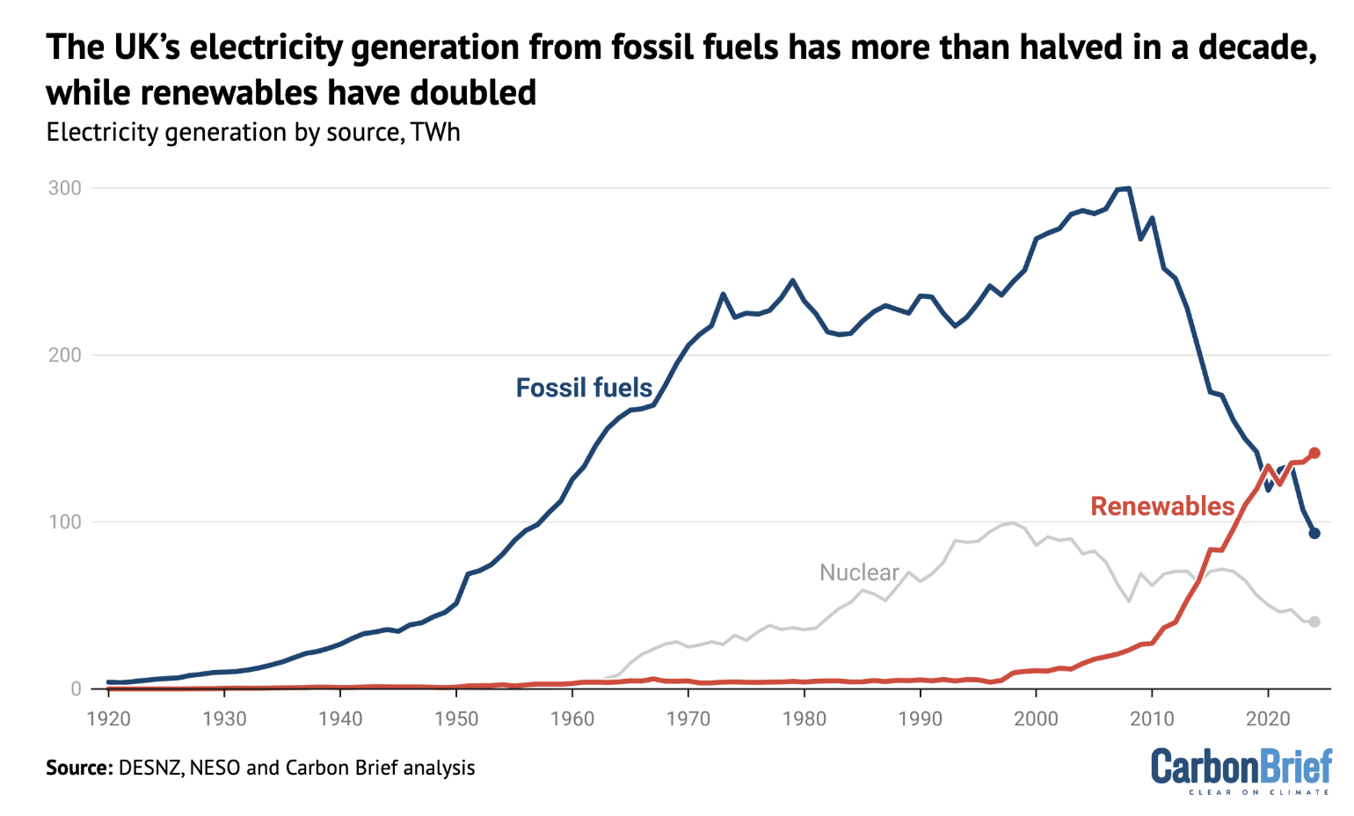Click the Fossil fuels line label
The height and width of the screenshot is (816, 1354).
[x=584, y=388]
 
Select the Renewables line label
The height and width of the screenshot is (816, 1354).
[x=1162, y=506]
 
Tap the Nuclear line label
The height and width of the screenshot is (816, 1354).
[x=859, y=572]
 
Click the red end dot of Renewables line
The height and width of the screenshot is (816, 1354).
[x=1314, y=453]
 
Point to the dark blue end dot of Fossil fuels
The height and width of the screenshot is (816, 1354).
[x=1314, y=533]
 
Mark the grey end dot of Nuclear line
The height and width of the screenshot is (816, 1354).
[x=1314, y=622]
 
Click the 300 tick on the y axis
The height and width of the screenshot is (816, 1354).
[x=65, y=188]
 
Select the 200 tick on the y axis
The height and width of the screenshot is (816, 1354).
[x=65, y=355]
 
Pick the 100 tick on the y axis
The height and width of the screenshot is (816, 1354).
[x=65, y=522]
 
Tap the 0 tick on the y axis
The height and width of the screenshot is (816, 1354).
[x=76, y=689]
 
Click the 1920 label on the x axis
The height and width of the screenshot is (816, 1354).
[x=109, y=719]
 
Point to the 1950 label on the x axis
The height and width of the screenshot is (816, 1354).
[x=456, y=719]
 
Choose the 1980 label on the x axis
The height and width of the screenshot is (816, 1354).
[x=804, y=719]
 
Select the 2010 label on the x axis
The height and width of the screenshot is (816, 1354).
[x=1152, y=719]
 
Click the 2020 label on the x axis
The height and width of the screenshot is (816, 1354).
[x=1268, y=719]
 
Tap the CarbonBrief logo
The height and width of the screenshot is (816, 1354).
[x=1241, y=770]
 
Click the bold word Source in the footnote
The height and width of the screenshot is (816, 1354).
[x=77, y=768]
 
